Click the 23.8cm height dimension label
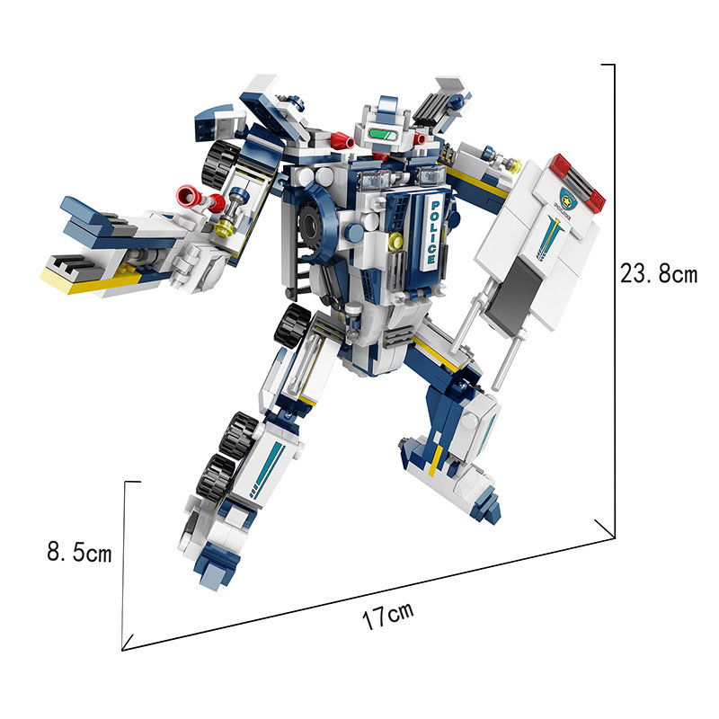coord(659,273)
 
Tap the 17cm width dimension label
coord(388,616)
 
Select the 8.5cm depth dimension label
coord(79,551)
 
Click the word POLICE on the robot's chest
coord(433,232)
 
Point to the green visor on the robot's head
coord(384,135)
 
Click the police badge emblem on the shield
coord(567,196)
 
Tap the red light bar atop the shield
coord(578,183)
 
